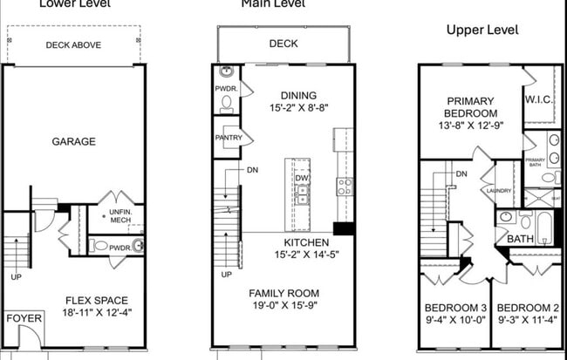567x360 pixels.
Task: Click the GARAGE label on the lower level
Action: pos(72,140)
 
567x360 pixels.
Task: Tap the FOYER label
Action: pos(24,319)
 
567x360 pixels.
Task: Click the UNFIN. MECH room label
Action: pos(120,215)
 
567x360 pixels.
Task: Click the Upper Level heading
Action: pos(482,30)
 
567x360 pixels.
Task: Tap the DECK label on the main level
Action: pos(283,43)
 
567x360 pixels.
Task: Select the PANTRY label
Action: pos(228,138)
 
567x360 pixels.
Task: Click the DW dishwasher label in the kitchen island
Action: pos(302,179)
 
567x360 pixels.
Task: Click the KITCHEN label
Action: pos(305,242)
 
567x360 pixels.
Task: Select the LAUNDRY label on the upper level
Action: pos(500,192)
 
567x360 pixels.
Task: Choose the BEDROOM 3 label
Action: pos(454,308)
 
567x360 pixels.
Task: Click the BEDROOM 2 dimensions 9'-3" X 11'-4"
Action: pos(527,321)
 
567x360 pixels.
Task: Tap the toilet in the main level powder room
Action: pos(227,102)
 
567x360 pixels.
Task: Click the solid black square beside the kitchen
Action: pos(343,229)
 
